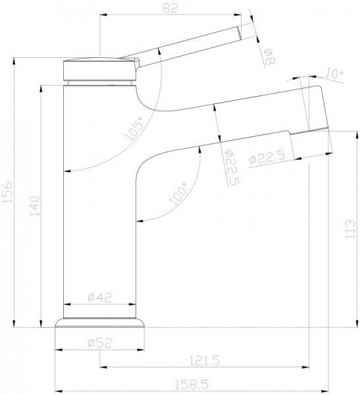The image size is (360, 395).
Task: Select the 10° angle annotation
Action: point(334,74)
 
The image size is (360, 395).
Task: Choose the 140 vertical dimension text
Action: point(34,208)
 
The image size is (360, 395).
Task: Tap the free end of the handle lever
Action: point(241,32)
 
